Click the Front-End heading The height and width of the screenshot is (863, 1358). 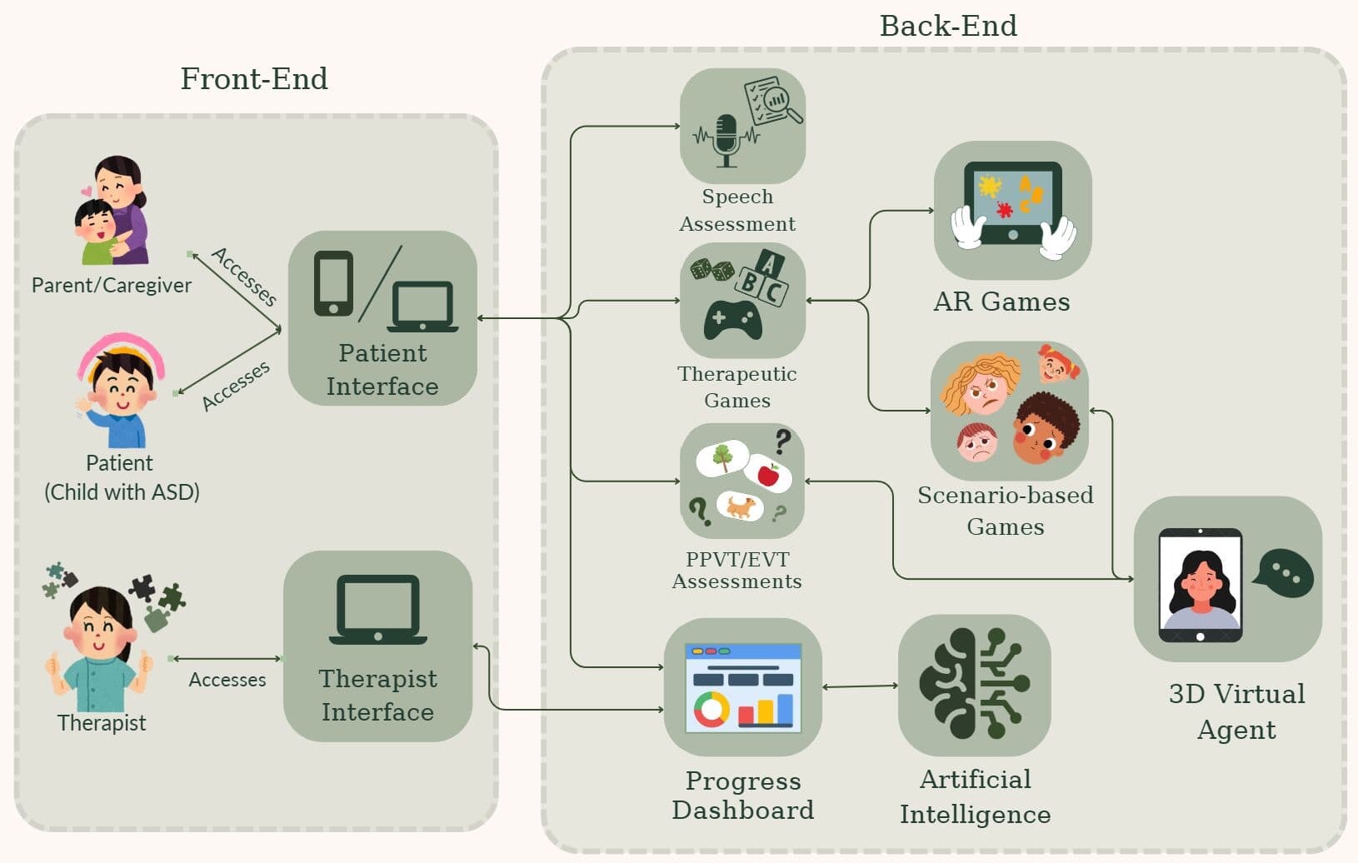254,79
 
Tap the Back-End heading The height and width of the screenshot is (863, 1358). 948,26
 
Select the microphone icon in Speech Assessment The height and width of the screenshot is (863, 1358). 726,138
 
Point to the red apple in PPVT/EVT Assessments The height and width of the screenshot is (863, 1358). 768,475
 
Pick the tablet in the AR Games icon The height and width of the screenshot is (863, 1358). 1012,203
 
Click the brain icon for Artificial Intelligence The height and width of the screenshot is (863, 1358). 974,684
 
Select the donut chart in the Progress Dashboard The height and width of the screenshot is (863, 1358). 711,709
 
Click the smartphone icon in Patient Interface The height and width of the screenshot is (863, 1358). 333,283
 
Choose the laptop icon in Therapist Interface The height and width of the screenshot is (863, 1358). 377,610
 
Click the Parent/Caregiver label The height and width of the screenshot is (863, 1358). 111,286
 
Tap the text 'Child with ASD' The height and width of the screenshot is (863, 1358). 122,492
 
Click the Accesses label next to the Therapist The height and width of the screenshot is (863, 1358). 227,680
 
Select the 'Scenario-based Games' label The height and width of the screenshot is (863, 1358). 1006,511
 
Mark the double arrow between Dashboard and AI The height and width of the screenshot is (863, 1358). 860,686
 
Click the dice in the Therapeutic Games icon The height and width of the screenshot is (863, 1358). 712,270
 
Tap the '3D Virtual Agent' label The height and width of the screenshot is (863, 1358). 1236,711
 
